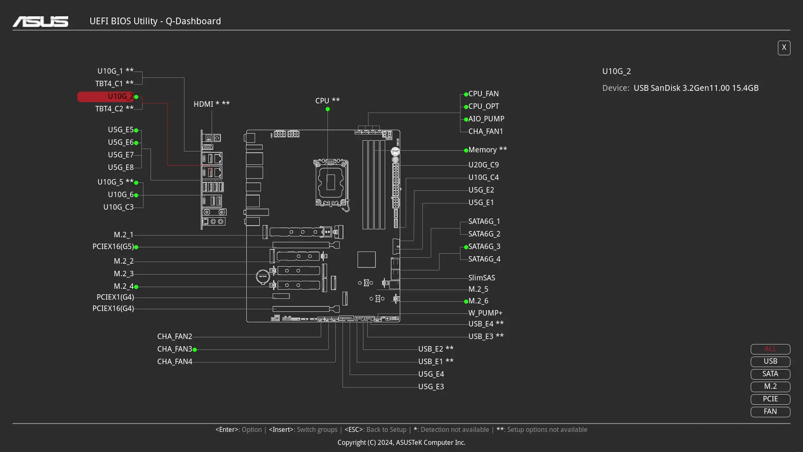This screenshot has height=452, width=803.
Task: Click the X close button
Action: pyautogui.click(x=784, y=48)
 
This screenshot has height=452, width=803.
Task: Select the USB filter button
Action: pyautogui.click(x=770, y=361)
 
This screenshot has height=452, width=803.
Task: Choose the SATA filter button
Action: pyautogui.click(x=770, y=374)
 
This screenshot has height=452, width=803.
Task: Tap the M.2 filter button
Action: pyautogui.click(x=770, y=386)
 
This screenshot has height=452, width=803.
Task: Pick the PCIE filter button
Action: pyautogui.click(x=770, y=399)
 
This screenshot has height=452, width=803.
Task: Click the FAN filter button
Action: pyautogui.click(x=770, y=411)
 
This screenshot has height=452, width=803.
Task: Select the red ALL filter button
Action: pyautogui.click(x=770, y=349)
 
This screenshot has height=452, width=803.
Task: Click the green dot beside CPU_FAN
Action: pyautogui.click(x=466, y=94)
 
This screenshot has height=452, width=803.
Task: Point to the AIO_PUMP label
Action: pyautogui.click(x=486, y=119)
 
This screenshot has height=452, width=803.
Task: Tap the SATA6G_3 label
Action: pyautogui.click(x=484, y=247)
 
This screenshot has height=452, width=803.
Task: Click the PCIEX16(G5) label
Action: pyautogui.click(x=113, y=247)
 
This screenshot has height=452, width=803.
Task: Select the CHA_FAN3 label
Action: pyautogui.click(x=174, y=349)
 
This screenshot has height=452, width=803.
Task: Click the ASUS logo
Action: pyautogui.click(x=41, y=21)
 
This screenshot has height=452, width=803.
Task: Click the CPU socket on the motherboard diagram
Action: pyautogui.click(x=331, y=182)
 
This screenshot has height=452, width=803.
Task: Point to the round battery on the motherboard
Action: pyautogui.click(x=263, y=277)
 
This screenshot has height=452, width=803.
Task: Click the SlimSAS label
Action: pyautogui.click(x=481, y=278)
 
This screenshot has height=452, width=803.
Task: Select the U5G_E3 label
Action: pyautogui.click(x=431, y=387)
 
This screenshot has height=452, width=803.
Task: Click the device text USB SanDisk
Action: pyautogui.click(x=696, y=88)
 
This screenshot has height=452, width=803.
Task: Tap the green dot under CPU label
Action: pyautogui.click(x=327, y=109)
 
